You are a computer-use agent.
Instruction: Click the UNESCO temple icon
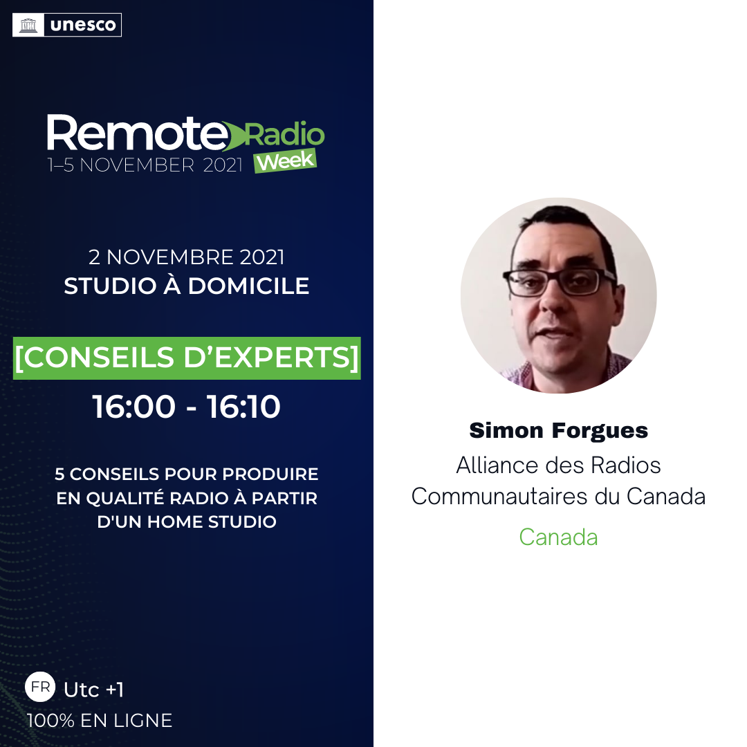[x=28, y=25]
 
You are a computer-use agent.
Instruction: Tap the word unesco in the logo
[x=83, y=25]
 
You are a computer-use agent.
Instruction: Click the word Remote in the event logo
[x=137, y=133]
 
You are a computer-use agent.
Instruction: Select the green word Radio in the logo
[x=284, y=134]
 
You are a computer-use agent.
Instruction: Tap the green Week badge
[x=286, y=161]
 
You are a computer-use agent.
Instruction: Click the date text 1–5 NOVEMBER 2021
[x=145, y=165]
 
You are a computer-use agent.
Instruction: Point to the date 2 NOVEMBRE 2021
[x=186, y=257]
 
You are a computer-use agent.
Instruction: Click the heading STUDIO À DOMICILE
[x=186, y=286]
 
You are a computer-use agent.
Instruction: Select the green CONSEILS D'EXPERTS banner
[x=187, y=358]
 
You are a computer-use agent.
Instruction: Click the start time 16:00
[x=134, y=407]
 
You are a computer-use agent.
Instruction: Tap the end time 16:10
[x=243, y=407]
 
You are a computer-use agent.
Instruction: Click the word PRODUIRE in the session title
[x=270, y=474]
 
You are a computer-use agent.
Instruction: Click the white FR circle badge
[x=40, y=687]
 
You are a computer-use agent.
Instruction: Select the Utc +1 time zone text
[x=94, y=690]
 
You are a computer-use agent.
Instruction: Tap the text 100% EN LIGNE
[x=100, y=720]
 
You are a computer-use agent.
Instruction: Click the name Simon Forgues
[x=558, y=431]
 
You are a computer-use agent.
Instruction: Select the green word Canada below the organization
[x=558, y=537]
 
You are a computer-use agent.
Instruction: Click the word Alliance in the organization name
[x=497, y=465]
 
